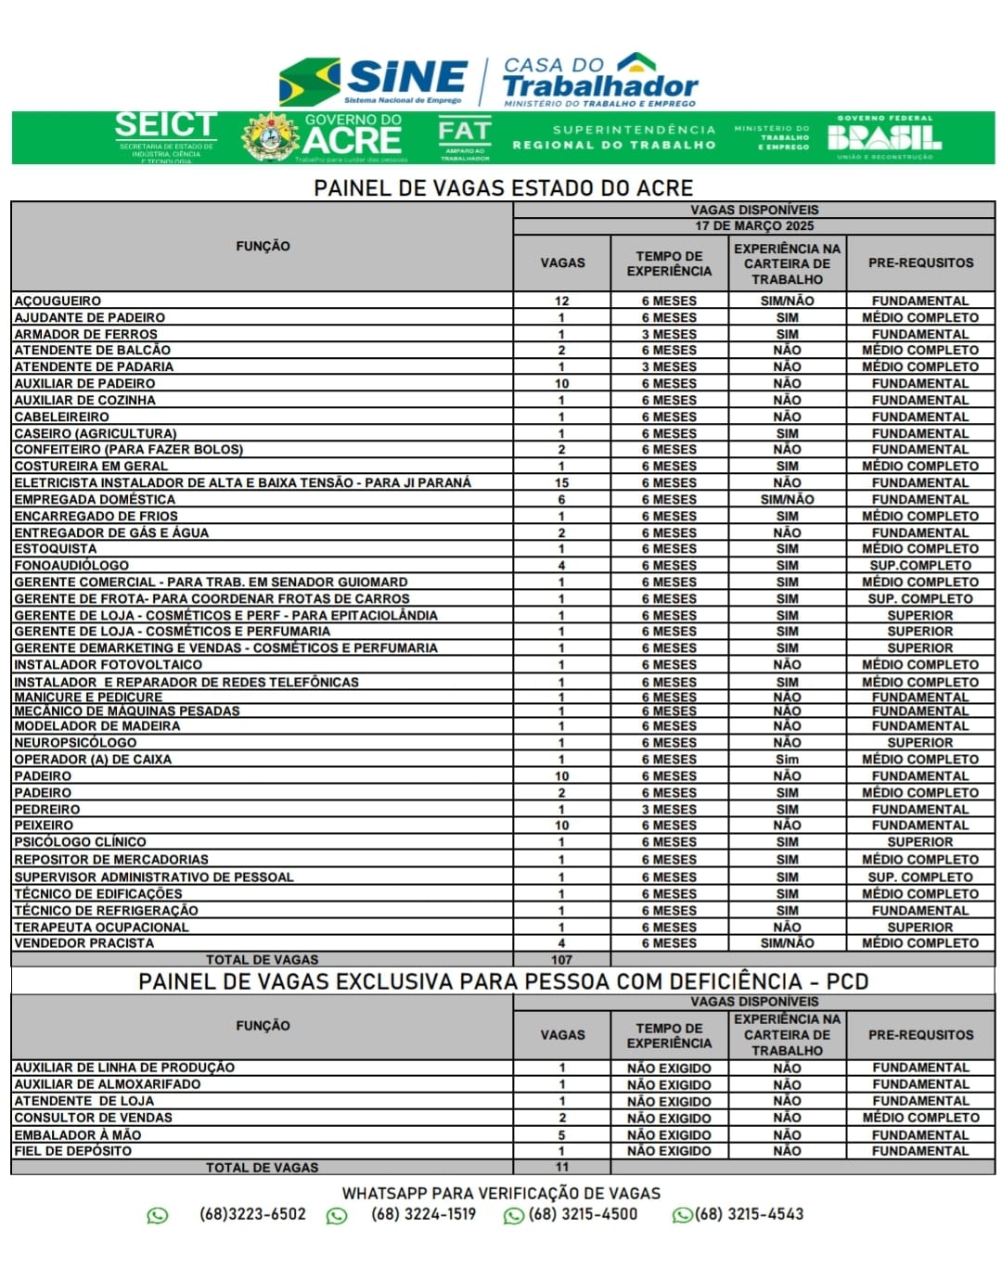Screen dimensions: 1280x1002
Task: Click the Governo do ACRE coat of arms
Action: [x=270, y=137]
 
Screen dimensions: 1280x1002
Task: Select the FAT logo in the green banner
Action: [x=464, y=137]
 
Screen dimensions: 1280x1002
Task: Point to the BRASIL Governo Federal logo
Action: [x=884, y=137]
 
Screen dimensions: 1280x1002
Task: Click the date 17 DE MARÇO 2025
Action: [x=753, y=225]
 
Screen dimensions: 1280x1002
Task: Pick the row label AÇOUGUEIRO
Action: [x=58, y=301]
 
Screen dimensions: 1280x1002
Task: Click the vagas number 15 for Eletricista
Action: [x=561, y=483]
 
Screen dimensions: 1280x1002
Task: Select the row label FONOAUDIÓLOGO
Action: [x=71, y=565]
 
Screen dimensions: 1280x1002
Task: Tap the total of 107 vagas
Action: [x=561, y=960]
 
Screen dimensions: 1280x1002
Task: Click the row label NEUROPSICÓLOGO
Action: [x=75, y=742]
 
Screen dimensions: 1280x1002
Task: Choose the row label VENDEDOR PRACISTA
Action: [x=83, y=943]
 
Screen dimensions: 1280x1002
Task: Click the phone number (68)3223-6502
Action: [x=252, y=1214]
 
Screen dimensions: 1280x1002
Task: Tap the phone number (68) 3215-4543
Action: [x=750, y=1214]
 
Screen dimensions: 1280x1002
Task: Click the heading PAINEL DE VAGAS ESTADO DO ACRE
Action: [x=503, y=187]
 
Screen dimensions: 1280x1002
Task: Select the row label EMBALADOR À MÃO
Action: [x=77, y=1134]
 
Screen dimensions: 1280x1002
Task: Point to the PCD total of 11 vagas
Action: [x=561, y=1168]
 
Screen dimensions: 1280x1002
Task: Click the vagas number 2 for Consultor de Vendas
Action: [x=561, y=1118]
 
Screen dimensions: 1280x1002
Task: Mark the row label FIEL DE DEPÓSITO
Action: [x=72, y=1151]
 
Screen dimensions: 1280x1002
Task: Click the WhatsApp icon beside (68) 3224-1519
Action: [x=337, y=1215]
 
